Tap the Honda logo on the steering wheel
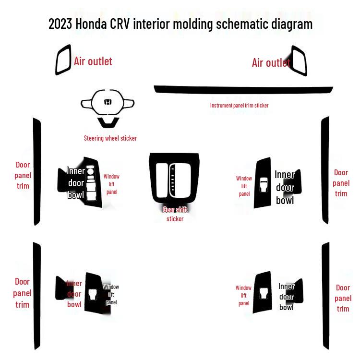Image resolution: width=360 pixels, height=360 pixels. (x=108, y=102)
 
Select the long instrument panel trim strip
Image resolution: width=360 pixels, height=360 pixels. (x=243, y=90)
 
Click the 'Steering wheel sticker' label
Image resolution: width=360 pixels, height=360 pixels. (x=110, y=138)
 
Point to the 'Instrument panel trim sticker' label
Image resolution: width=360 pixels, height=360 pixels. (x=239, y=106)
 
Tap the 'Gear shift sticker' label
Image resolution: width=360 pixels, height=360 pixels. (x=175, y=215)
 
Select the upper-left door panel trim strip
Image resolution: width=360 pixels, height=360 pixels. (x=37, y=171)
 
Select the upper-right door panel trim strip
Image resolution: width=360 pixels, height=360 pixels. (x=325, y=170)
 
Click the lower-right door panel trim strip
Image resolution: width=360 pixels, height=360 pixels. (x=325, y=296)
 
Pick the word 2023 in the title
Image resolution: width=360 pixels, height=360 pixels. (x=60, y=24)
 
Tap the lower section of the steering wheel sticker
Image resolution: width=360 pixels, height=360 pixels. (x=108, y=122)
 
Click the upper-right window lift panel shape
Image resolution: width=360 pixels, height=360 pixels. (x=263, y=183)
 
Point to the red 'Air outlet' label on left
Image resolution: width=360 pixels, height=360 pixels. (x=93, y=61)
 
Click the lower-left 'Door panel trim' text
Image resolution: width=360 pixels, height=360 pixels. (x=22, y=293)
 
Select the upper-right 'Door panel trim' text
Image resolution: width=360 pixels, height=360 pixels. (x=341, y=183)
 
